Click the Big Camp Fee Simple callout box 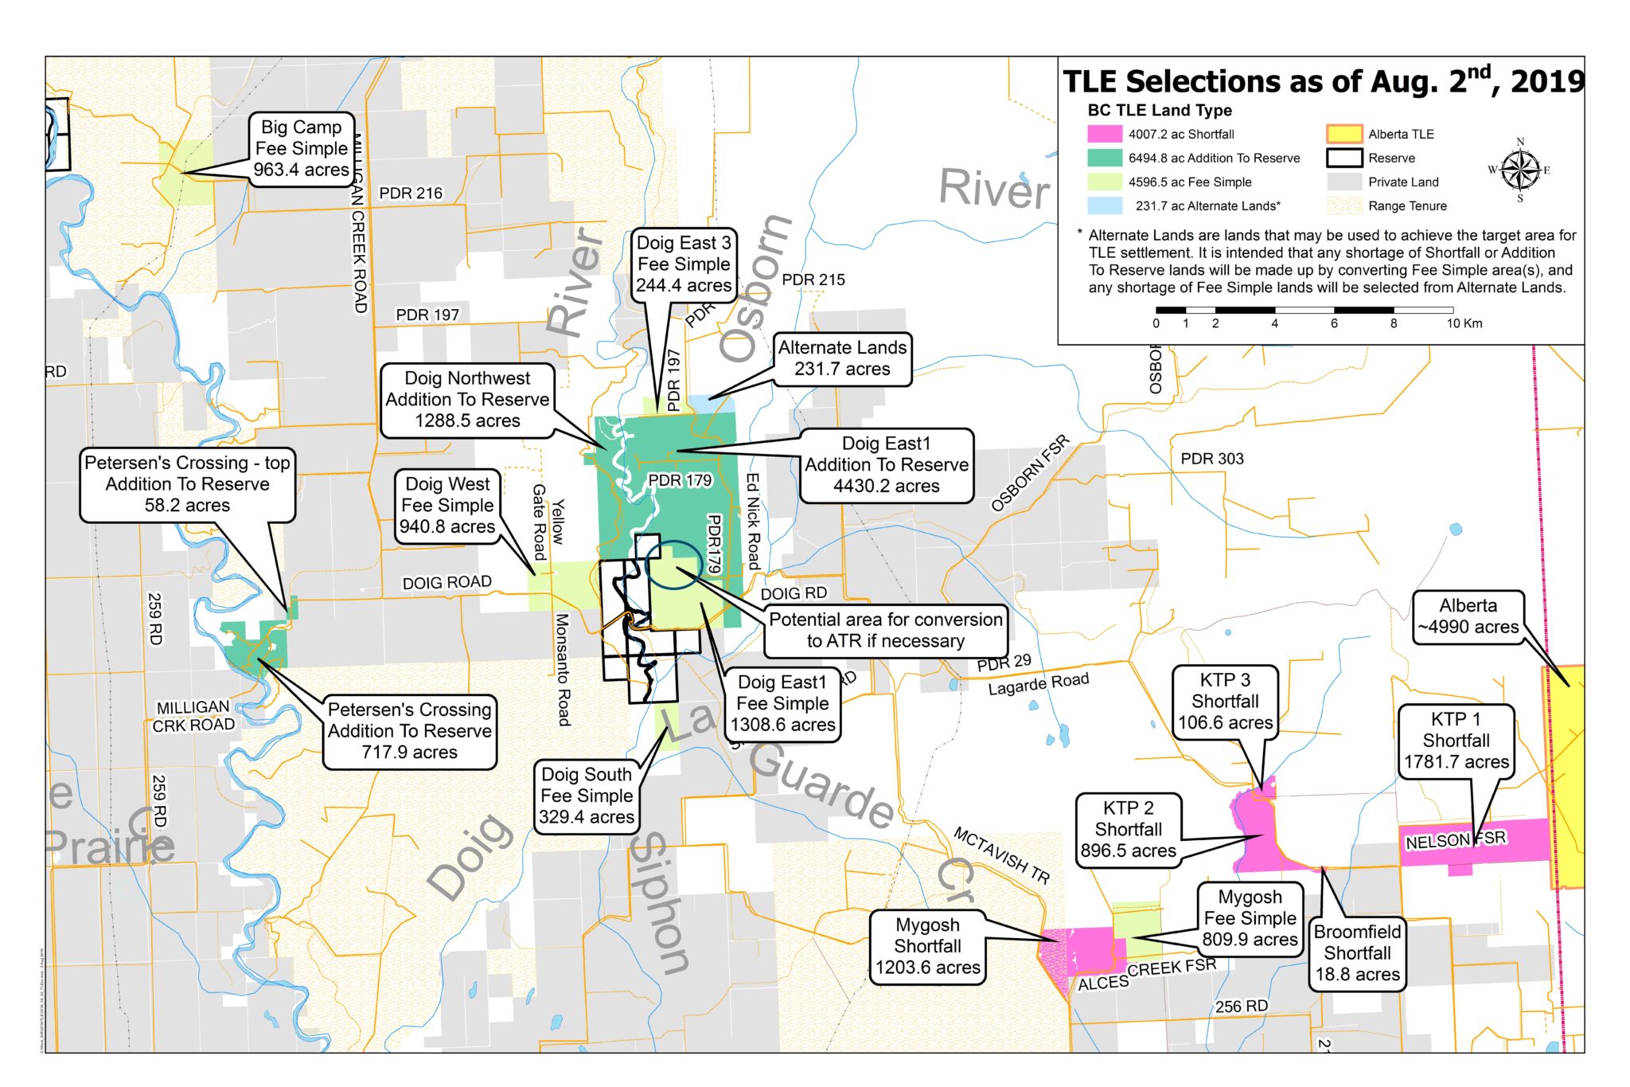point(300,149)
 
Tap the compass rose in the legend point(1520,170)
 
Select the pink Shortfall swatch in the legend point(1104,134)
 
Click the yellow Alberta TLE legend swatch point(1343,134)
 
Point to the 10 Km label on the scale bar point(1464,323)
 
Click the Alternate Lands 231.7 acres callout point(842,358)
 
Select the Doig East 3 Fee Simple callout point(683,264)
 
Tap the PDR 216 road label point(411,194)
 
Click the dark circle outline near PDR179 point(673,565)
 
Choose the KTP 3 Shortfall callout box point(1225,701)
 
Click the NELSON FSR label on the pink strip point(1455,839)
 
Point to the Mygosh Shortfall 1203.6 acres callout point(927,946)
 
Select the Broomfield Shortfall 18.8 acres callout point(1357,952)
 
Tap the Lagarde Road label point(1038,684)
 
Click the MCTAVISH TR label point(1001,856)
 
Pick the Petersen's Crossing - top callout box point(187,484)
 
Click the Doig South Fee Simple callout point(587,796)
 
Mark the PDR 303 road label point(1211,459)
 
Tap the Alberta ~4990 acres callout point(1468,616)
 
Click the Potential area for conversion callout point(885,630)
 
